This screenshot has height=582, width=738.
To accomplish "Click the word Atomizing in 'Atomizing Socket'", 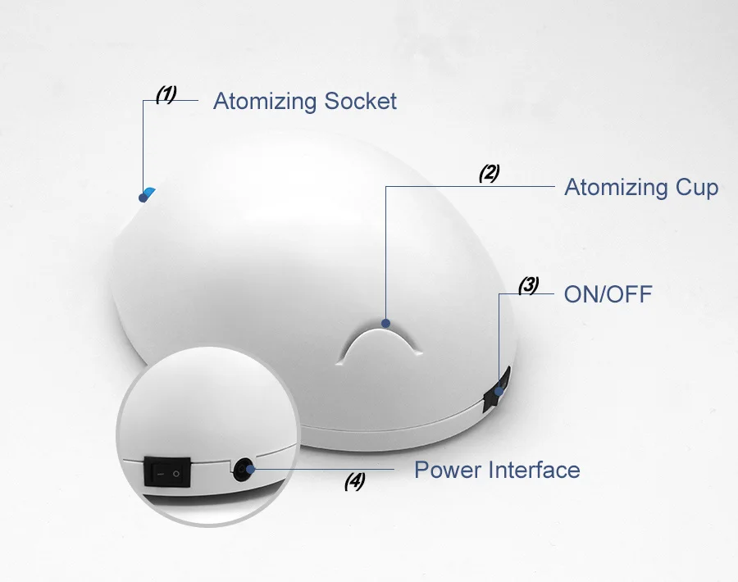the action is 265,102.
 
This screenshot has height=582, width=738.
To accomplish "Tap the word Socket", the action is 361,102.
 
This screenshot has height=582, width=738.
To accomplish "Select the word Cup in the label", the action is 697,188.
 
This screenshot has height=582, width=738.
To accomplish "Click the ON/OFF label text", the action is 608,294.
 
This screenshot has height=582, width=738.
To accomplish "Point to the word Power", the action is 448,471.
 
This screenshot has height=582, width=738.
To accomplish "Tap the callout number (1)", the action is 166,94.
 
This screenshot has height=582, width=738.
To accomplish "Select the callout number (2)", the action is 489,173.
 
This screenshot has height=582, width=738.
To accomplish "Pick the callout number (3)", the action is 528,285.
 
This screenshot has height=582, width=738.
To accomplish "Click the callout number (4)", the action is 354,482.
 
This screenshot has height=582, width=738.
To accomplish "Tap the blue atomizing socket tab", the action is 148,193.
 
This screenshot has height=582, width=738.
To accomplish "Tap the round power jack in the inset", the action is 243,470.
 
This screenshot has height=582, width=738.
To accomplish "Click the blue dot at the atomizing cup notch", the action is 386,323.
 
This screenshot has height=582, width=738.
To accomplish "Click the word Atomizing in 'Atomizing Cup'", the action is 615,188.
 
